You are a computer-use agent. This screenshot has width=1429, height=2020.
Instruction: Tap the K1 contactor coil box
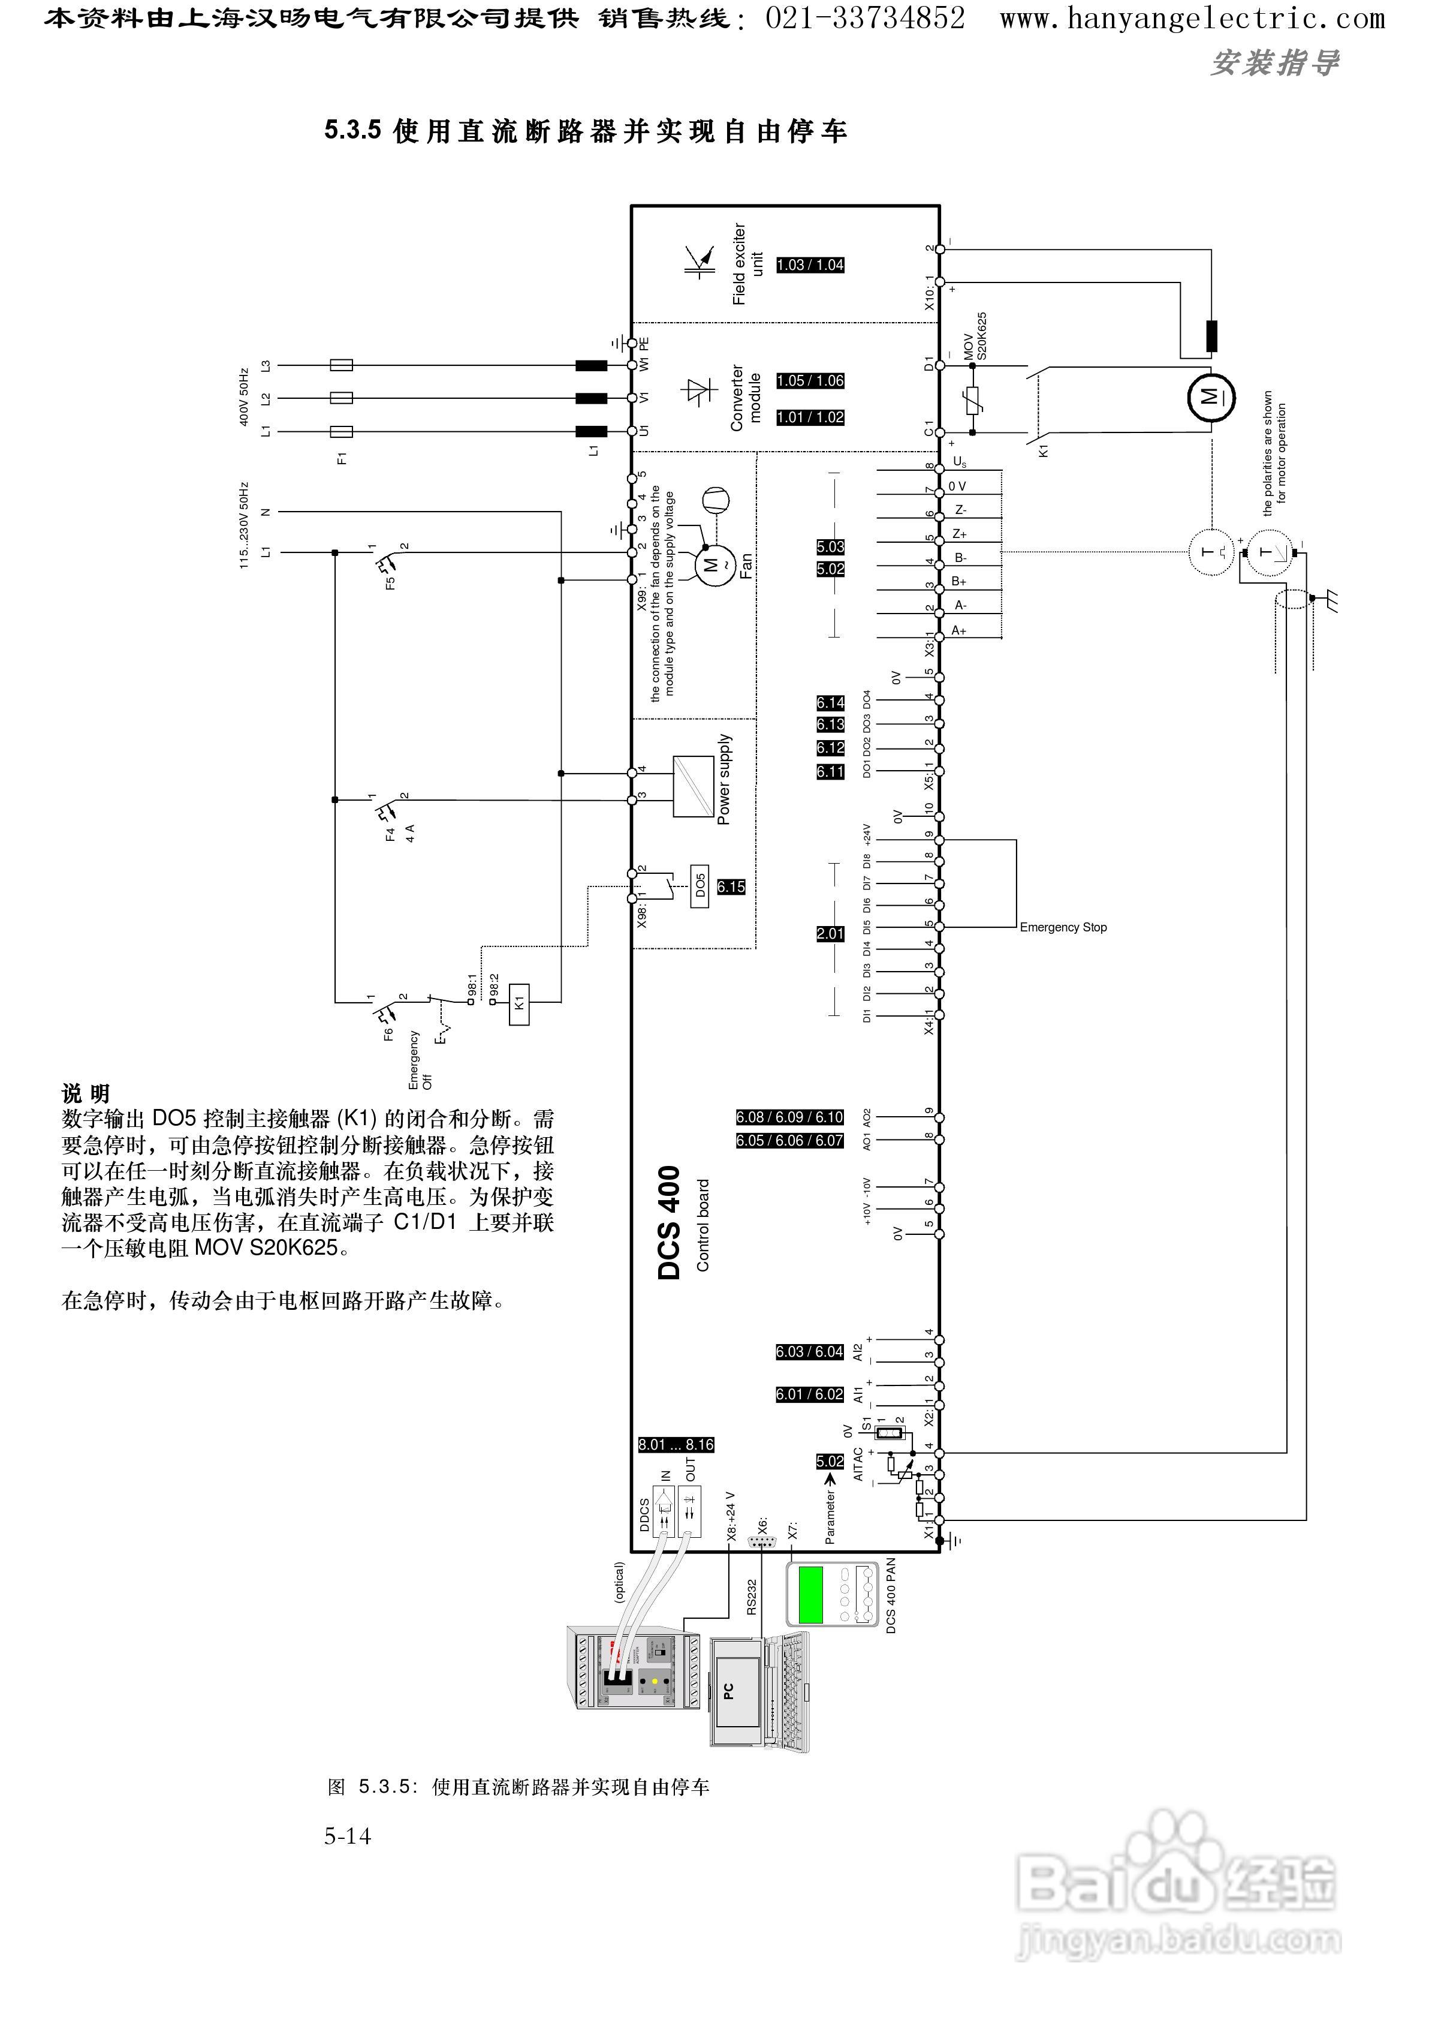(519, 1003)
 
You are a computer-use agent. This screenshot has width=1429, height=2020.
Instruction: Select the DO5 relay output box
(700, 885)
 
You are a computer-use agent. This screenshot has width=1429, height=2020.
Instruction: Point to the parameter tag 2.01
(830, 934)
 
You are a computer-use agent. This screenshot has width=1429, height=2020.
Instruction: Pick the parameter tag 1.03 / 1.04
(810, 265)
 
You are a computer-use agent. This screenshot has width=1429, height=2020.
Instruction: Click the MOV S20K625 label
(975, 337)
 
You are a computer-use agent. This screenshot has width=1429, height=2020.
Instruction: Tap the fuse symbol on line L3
(340, 365)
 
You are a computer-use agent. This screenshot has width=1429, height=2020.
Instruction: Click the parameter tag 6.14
(830, 702)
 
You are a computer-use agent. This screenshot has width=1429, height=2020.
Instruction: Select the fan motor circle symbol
(711, 563)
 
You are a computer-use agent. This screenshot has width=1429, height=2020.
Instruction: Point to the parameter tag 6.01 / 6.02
(810, 1394)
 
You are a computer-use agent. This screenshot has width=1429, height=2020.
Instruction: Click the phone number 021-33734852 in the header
(865, 17)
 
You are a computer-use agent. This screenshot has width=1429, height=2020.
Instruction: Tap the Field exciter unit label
(747, 264)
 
